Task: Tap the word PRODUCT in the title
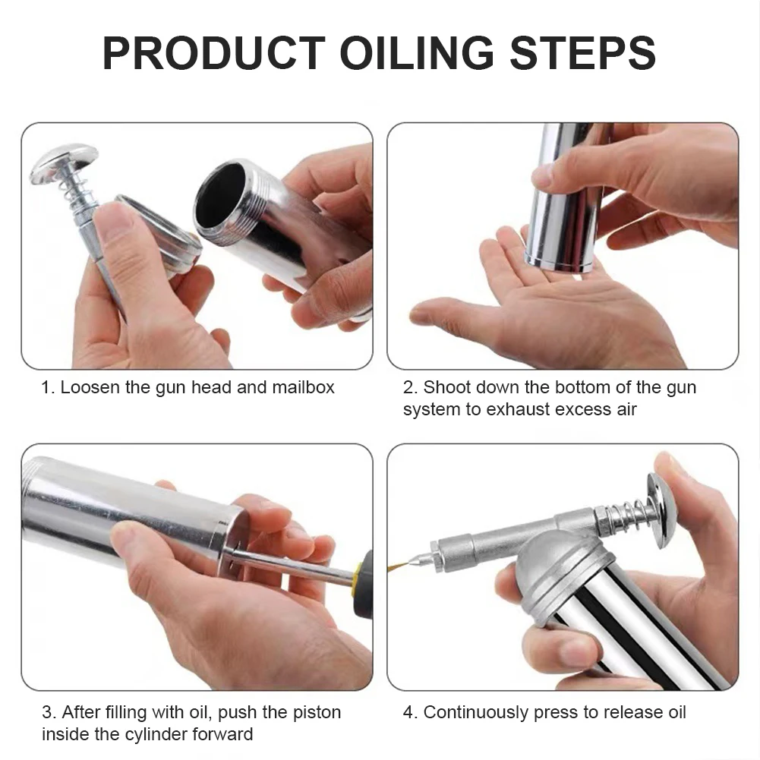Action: pyautogui.click(x=213, y=53)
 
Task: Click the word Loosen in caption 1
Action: pyautogui.click(x=90, y=387)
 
